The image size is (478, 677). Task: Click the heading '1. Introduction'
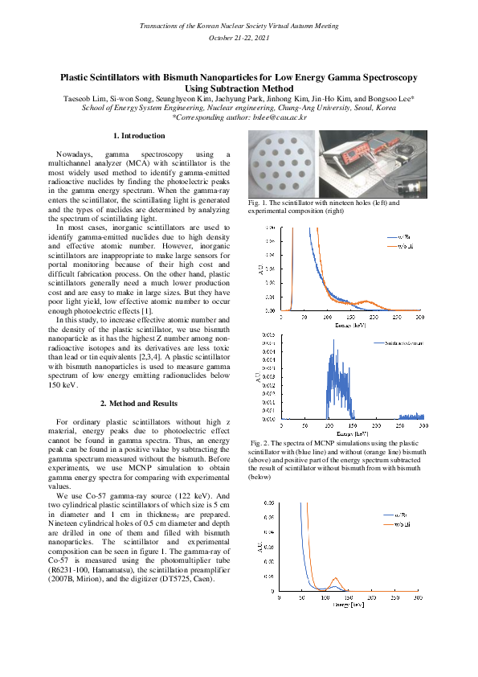coord(140,136)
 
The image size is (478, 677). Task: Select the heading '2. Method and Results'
coord(140,402)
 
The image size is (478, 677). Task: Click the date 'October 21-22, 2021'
coord(239,38)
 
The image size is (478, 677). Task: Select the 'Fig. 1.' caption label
coord(261,203)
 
